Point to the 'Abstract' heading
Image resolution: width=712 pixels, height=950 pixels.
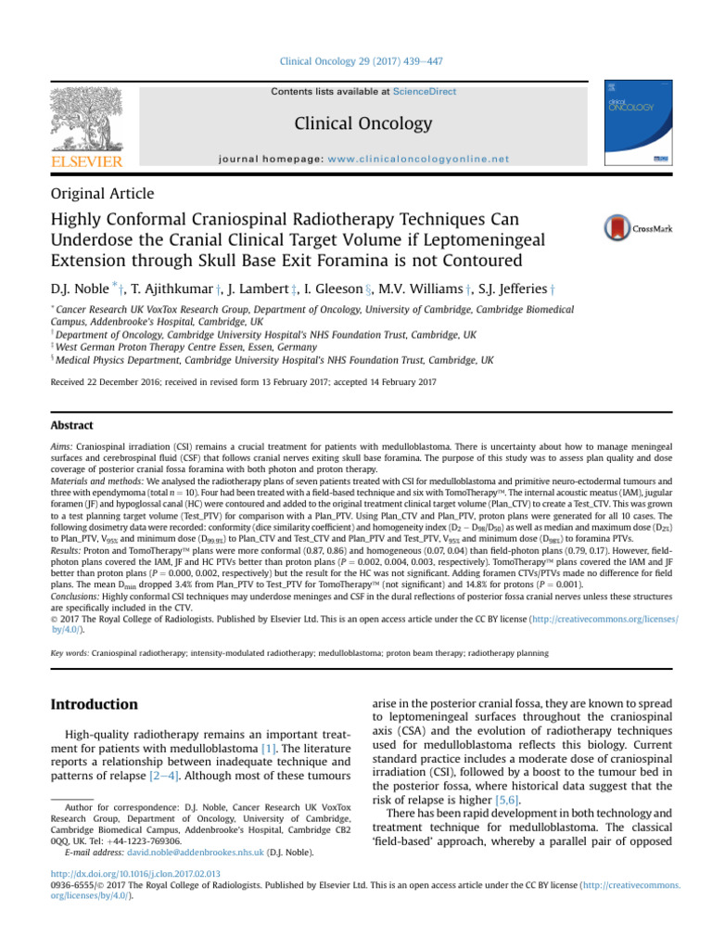pyautogui.click(x=70, y=426)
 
